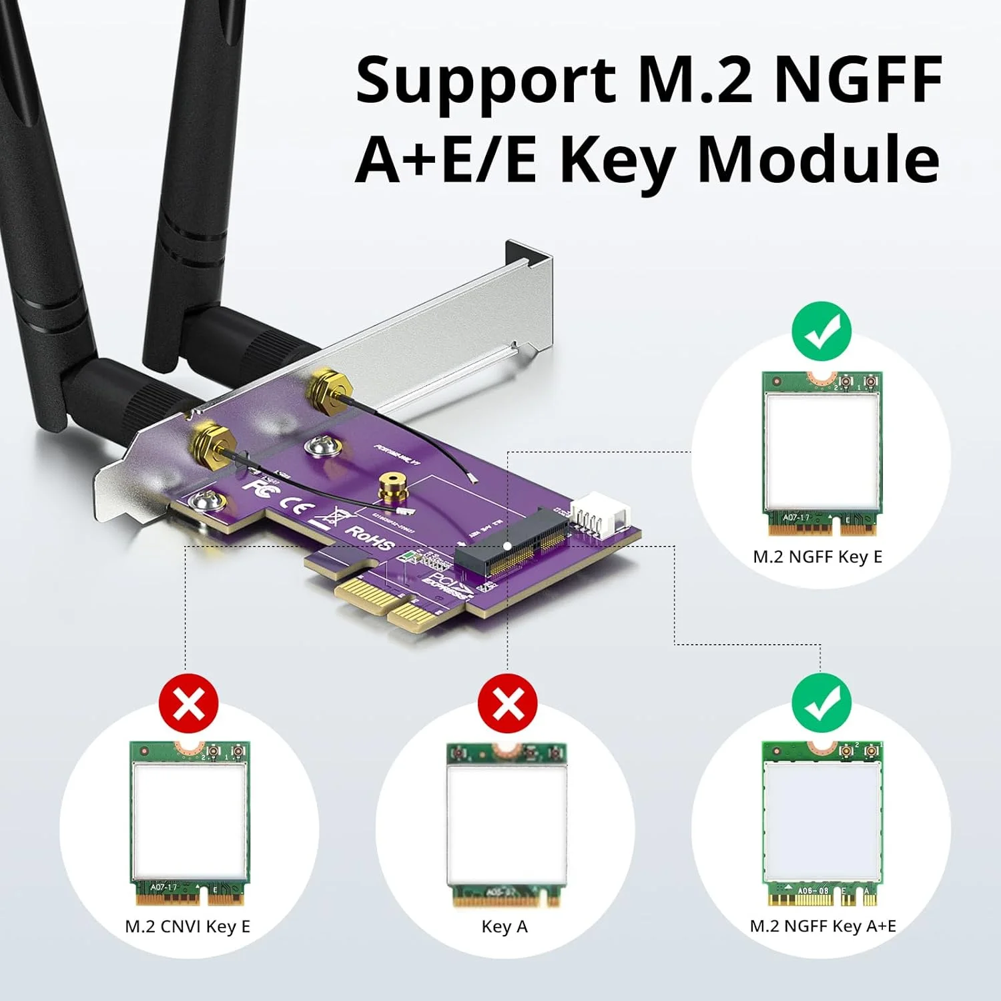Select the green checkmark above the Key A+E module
point(821,703)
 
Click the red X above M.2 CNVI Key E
point(189,703)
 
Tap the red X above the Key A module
point(507,703)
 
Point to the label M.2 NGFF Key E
point(817,557)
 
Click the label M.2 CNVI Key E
point(188,926)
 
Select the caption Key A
point(505,926)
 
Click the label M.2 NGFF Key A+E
point(823,926)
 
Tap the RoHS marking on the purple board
point(369,539)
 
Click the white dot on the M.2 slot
point(508,546)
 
